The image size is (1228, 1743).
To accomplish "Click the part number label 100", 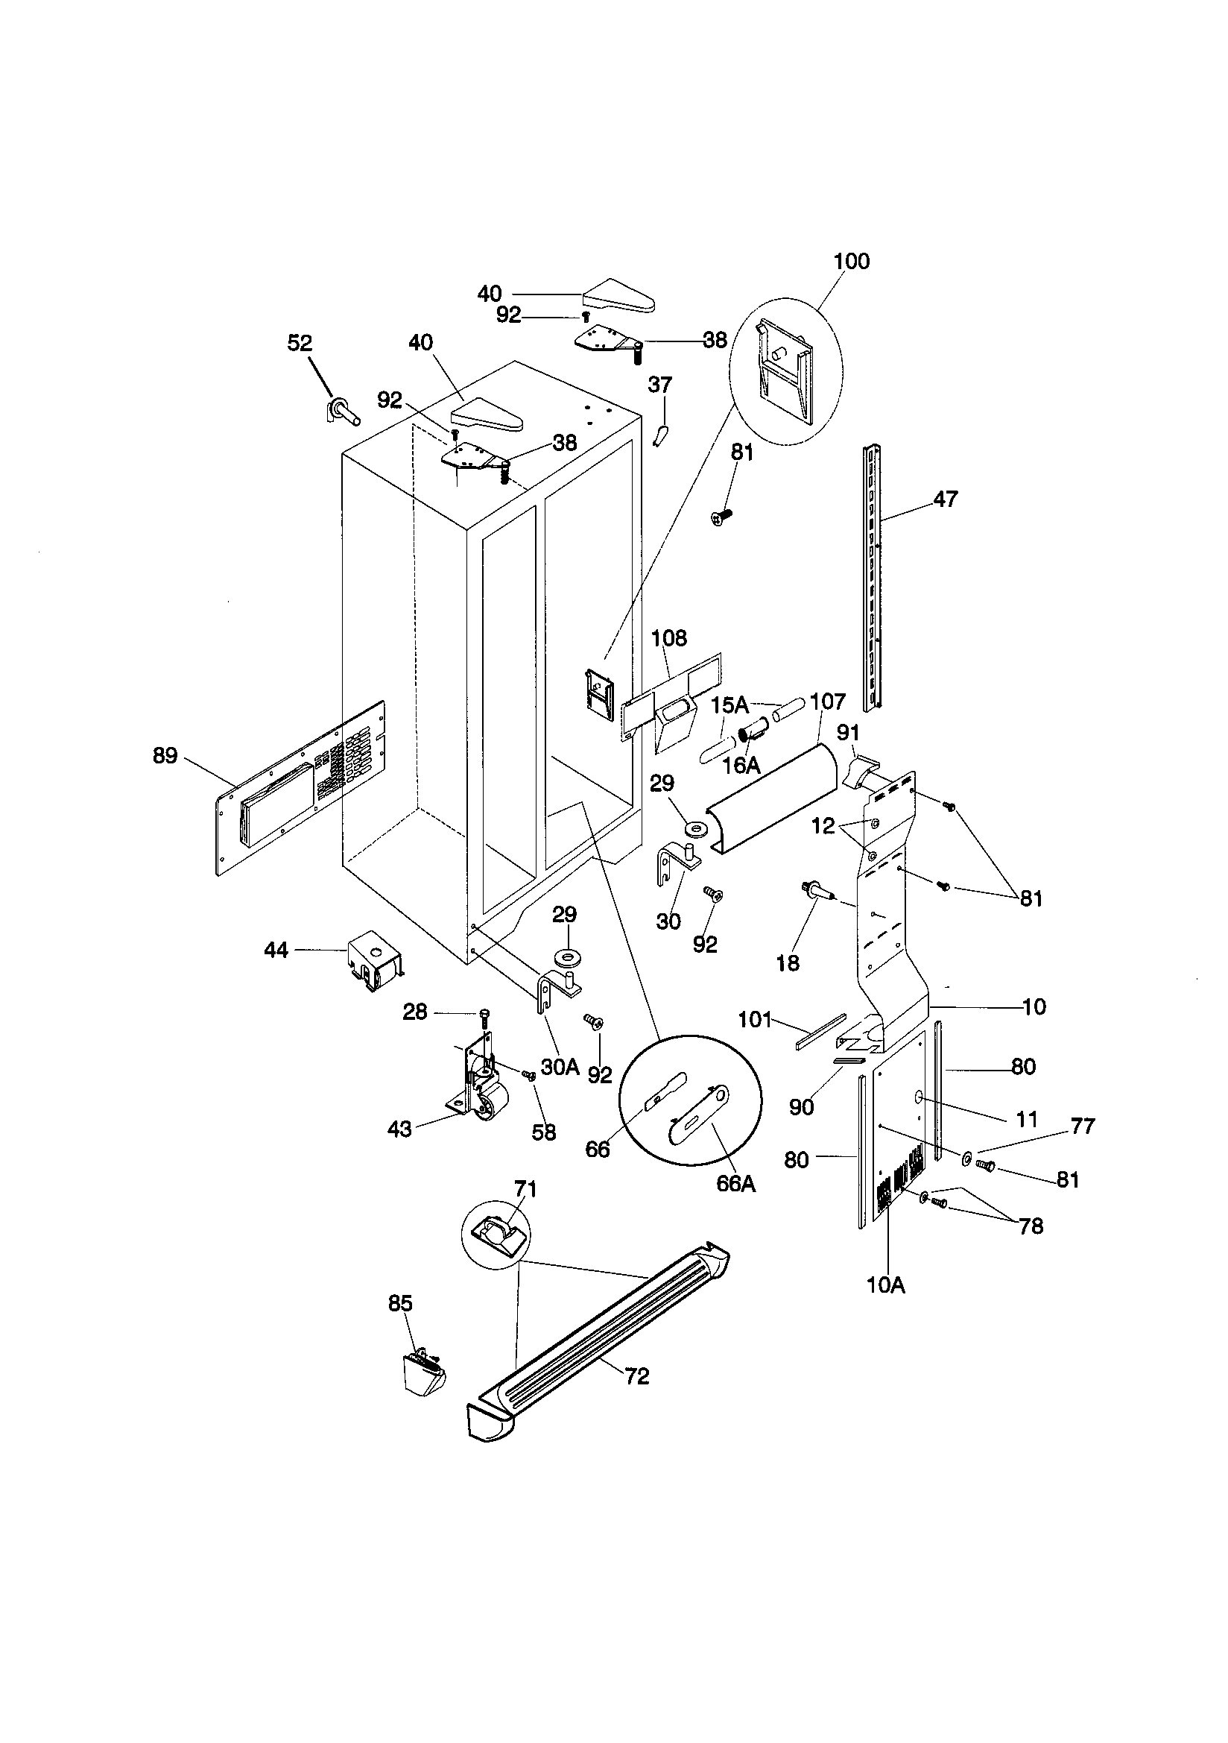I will point(851,261).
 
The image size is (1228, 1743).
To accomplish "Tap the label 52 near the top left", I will point(300,343).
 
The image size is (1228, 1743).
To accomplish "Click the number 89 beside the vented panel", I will point(165,755).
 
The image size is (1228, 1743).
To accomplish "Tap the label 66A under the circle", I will point(735,1184).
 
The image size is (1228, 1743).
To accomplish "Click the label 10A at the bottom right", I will point(886,1285).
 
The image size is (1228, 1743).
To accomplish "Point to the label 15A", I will point(729,705).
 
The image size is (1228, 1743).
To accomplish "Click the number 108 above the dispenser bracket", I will point(668,637).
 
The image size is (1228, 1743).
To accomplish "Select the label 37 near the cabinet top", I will point(659,385).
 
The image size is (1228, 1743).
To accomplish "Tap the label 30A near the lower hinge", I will point(560,1068).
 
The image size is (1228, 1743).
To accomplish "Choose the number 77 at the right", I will point(1082,1126).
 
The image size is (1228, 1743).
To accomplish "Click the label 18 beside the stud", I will point(788,963).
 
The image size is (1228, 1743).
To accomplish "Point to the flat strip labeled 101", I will point(820,1031).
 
